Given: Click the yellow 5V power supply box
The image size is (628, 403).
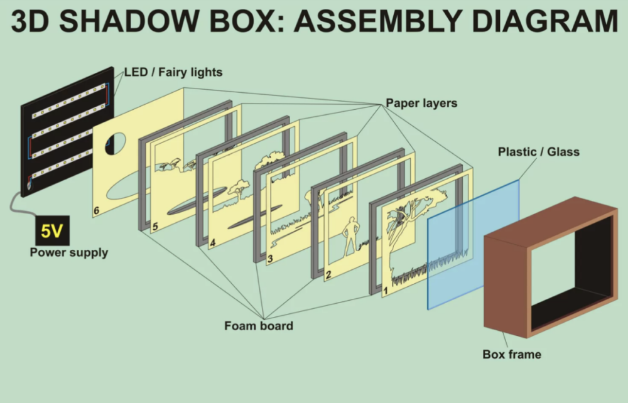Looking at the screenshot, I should pyautogui.click(x=51, y=232).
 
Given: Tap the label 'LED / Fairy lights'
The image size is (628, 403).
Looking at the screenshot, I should pyautogui.click(x=173, y=72).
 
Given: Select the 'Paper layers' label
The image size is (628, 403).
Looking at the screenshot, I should pyautogui.click(x=421, y=103).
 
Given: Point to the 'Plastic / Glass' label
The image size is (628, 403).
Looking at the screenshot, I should pyautogui.click(x=538, y=151).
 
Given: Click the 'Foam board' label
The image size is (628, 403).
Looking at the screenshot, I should pyautogui.click(x=258, y=326).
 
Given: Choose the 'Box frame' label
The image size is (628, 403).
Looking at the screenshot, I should pyautogui.click(x=511, y=355).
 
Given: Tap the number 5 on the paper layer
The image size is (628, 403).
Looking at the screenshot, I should pyautogui.click(x=154, y=227).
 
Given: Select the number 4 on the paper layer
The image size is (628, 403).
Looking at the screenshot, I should pyautogui.click(x=212, y=242).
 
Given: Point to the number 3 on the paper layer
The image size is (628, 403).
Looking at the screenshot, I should pyautogui.click(x=269, y=258).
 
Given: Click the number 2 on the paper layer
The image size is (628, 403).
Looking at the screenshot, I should pyautogui.click(x=328, y=274).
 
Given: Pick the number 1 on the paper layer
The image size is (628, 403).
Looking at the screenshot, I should pyautogui.click(x=386, y=291).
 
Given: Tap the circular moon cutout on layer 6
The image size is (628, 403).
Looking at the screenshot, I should pyautogui.click(x=114, y=144).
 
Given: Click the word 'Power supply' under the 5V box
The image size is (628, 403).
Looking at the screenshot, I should pyautogui.click(x=69, y=253).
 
